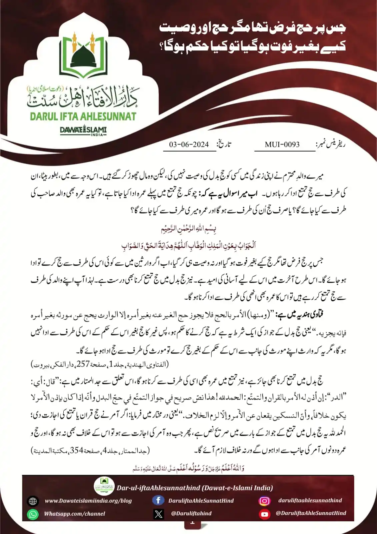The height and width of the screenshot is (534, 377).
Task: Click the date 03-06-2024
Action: (189, 145)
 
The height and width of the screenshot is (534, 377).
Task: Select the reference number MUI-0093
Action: (282, 145)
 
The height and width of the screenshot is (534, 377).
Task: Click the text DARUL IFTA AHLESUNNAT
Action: (83, 116)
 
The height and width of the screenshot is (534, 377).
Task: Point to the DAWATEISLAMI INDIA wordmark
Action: (83, 130)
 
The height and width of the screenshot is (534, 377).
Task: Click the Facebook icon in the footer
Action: (158, 500)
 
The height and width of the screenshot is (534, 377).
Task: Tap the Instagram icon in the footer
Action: (265, 501)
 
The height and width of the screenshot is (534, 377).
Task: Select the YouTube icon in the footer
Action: (265, 514)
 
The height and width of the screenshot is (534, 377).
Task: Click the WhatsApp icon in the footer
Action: (33, 514)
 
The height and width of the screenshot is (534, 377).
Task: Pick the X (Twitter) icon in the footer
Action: (159, 514)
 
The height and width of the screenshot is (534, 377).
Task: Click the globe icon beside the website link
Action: (33, 501)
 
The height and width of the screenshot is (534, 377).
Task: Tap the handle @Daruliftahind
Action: (191, 513)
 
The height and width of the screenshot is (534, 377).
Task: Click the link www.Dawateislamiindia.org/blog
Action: (88, 501)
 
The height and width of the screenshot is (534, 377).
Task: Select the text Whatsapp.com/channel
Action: (75, 514)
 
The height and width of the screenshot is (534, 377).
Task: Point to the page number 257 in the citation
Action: (83, 364)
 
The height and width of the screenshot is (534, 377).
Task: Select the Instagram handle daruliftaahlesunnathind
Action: (310, 500)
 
